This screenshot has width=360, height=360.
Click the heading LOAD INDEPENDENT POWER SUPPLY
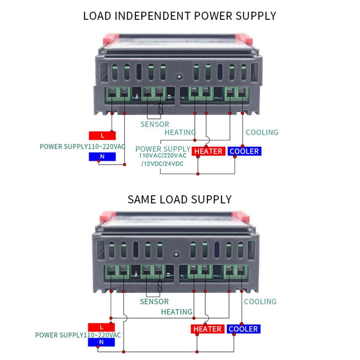(x=180, y=16)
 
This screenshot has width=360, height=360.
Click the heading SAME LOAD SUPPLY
(x=180, y=199)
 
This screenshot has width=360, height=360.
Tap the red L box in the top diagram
(x=102, y=136)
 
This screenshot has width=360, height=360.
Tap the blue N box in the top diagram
(x=102, y=157)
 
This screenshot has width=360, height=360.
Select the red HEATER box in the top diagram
(x=208, y=151)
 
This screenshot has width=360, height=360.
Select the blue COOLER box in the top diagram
(x=244, y=151)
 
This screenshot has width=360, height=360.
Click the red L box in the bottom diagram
(x=102, y=327)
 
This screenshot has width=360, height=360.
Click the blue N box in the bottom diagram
(x=101, y=342)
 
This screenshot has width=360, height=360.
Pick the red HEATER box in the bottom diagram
(x=207, y=329)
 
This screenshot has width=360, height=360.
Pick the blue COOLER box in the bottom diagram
(x=243, y=329)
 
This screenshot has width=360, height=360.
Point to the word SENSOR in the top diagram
(x=155, y=124)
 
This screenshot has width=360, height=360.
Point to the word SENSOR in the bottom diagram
(x=154, y=302)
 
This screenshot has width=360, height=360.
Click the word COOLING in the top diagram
(x=262, y=132)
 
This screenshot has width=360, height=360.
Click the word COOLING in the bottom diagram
(x=260, y=302)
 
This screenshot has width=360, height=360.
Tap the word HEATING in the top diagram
(x=180, y=132)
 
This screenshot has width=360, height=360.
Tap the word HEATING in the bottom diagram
(x=177, y=312)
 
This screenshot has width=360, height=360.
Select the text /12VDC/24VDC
(x=163, y=164)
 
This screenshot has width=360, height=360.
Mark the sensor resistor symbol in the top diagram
(x=161, y=108)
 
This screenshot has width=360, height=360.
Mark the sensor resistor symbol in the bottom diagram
(x=160, y=286)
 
